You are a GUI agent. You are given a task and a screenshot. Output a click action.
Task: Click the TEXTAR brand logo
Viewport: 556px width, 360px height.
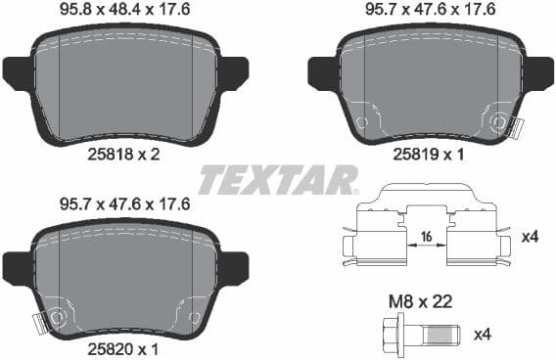277,180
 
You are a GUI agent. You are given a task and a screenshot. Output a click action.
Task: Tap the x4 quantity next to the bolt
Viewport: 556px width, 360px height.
483,335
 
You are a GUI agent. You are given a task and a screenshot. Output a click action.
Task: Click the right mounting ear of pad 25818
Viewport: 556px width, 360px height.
232,73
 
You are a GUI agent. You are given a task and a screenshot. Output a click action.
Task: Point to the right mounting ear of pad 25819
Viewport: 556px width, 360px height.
539,73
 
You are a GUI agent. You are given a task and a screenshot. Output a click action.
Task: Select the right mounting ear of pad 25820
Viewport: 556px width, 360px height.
232,266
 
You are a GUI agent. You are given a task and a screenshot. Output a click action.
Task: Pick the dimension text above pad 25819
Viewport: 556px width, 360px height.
431,13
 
